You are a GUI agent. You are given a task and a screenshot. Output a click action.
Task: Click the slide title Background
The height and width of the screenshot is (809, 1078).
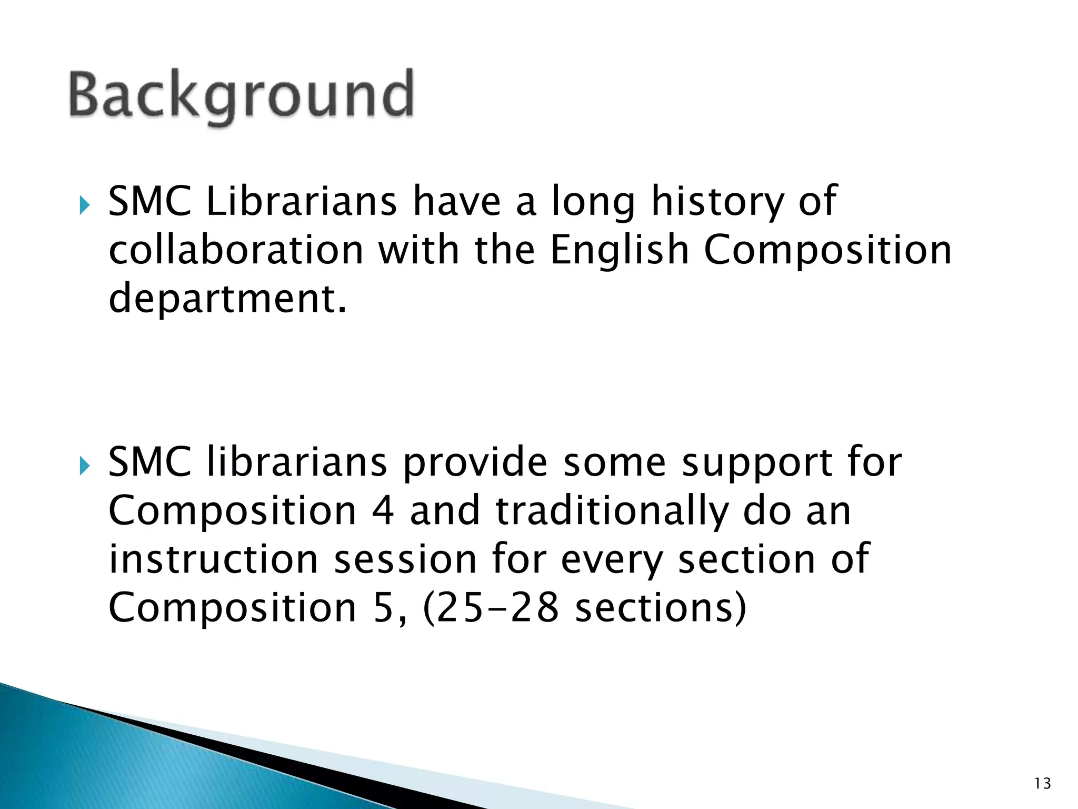click(x=241, y=95)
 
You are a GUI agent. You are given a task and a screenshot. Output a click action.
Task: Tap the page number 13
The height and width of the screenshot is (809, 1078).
click(x=1042, y=784)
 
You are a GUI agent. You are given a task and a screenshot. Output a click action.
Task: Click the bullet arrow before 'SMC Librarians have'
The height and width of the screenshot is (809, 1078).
click(x=85, y=205)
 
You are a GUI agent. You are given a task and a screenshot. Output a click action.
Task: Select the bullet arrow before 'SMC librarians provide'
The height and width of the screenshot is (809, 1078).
click(x=85, y=466)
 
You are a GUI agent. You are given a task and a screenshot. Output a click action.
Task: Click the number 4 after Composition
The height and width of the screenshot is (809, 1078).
click(x=383, y=511)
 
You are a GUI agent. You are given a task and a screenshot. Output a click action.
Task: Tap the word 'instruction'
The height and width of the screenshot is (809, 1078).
click(x=213, y=559)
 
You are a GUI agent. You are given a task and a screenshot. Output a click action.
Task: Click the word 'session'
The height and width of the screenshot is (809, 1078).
click(x=405, y=559)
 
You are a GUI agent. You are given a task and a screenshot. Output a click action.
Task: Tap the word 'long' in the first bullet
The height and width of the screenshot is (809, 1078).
click(x=593, y=202)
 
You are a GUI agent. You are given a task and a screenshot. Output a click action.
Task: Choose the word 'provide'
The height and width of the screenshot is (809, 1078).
click(x=475, y=462)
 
